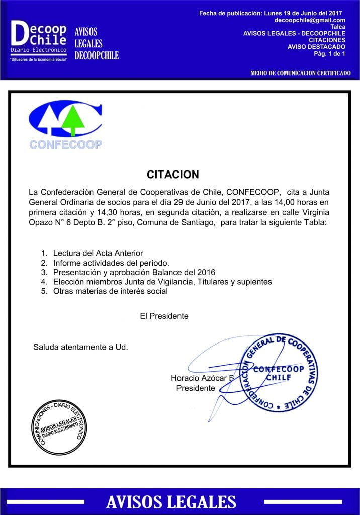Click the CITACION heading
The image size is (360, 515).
(173, 175)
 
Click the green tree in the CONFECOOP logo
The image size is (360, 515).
(74, 119)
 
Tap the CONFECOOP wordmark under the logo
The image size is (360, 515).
(65, 144)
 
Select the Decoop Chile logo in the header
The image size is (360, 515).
(39, 41)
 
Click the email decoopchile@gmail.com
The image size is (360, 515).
(310, 20)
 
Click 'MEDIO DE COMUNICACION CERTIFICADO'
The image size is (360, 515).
(300, 73)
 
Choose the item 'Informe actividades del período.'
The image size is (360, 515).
(111, 263)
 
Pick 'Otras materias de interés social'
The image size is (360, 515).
(110, 291)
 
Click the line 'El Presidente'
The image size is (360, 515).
(164, 316)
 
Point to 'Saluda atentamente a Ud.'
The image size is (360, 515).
(80, 347)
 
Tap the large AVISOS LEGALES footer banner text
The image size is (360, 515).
(171, 501)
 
